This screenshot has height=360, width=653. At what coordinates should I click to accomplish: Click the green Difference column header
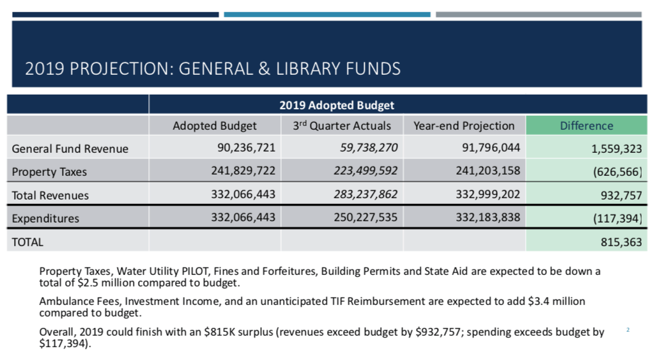pyautogui.click(x=587, y=126)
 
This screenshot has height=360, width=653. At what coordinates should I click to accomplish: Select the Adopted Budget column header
pyautogui.click(x=215, y=126)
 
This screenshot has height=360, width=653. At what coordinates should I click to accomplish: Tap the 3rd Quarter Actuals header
pyautogui.click(x=342, y=126)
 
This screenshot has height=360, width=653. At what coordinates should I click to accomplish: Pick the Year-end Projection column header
pyautogui.click(x=464, y=126)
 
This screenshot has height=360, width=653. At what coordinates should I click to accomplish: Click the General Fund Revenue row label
pyautogui.click(x=70, y=149)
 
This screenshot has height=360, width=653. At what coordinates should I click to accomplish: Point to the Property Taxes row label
pyautogui.click(x=49, y=171)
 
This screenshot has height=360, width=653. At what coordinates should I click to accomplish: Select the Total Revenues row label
pyautogui.click(x=50, y=196)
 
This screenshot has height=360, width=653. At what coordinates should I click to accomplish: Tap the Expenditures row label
pyautogui.click(x=45, y=218)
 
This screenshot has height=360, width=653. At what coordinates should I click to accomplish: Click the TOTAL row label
pyautogui.click(x=27, y=242)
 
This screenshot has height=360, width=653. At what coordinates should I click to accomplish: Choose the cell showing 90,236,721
pyautogui.click(x=246, y=148)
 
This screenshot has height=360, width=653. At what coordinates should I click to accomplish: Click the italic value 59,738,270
pyautogui.click(x=369, y=148)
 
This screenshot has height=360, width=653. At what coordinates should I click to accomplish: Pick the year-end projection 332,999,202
pyautogui.click(x=488, y=194)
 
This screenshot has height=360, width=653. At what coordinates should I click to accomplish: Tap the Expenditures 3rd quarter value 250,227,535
pyautogui.click(x=365, y=217)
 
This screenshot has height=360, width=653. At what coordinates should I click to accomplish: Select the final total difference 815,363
pyautogui.click(x=621, y=242)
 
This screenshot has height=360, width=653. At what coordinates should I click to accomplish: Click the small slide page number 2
pyautogui.click(x=627, y=330)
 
